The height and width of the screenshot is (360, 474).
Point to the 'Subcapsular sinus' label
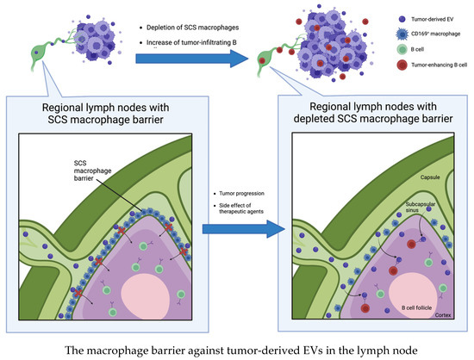(397, 208)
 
